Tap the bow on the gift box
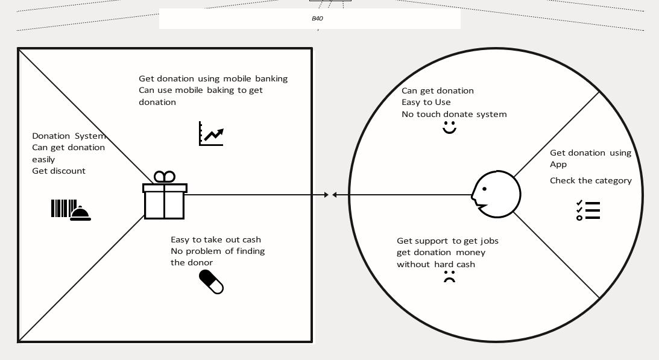click(165, 177)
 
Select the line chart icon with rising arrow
click(211, 134)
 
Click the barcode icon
click(63, 209)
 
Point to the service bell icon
click(81, 212)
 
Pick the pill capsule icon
click(211, 282)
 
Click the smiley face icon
click(449, 128)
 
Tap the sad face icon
click(449, 277)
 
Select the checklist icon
click(588, 210)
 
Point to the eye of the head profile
click(484, 189)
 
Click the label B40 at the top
click(317, 19)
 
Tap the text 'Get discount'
click(58, 171)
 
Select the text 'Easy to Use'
click(426, 102)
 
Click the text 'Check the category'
click(590, 180)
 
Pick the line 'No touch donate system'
click(454, 114)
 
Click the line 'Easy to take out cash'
click(215, 239)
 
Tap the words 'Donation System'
click(68, 136)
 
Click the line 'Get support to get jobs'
click(447, 241)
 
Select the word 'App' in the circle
click(558, 164)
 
